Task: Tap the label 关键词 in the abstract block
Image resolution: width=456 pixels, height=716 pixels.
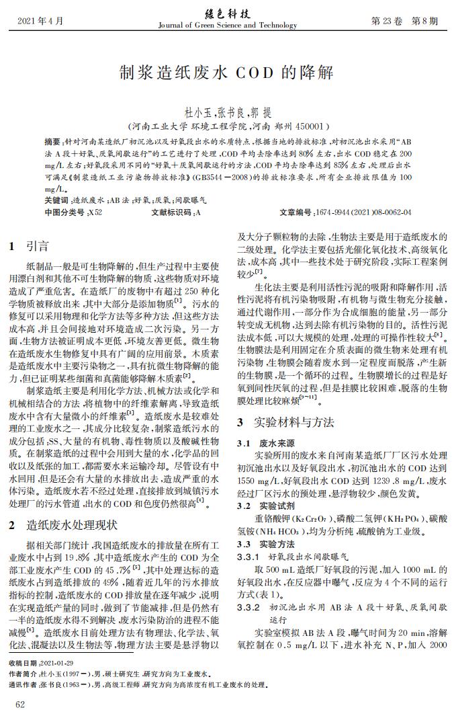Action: (x=56, y=200)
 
